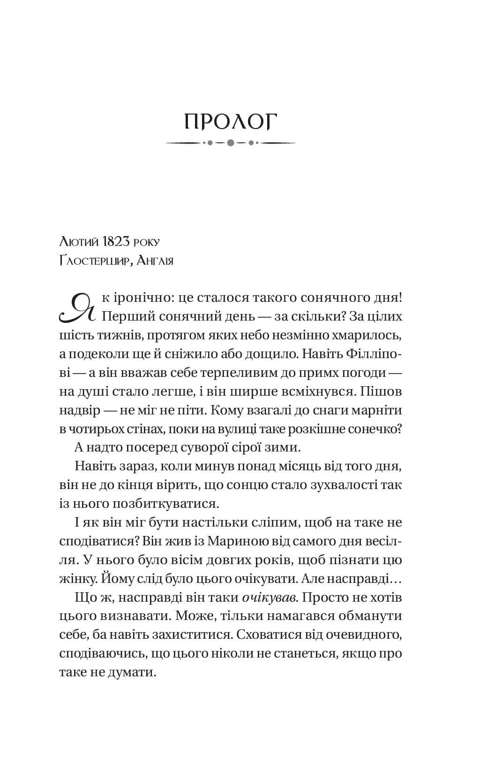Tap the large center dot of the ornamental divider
[x=231, y=143]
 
